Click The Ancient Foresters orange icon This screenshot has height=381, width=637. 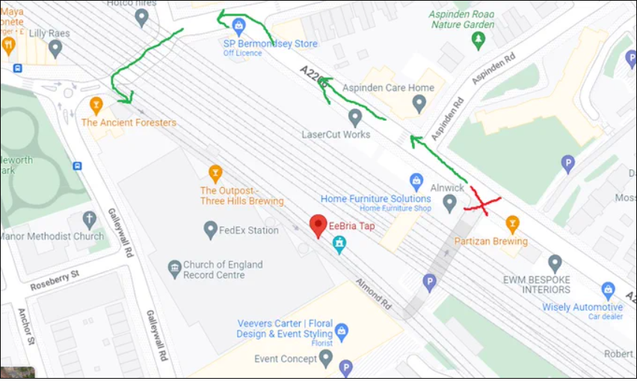pos(96,104)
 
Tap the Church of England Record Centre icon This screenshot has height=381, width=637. pos(174,269)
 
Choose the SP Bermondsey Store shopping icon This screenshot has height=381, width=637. pos(239,28)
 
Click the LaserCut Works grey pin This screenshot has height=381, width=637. pos(355,117)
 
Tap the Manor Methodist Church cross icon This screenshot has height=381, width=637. pos(89,219)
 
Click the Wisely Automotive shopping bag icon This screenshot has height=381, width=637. pos(608,290)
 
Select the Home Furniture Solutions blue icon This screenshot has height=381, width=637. pos(416,181)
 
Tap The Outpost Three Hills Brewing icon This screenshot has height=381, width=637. pos(215,173)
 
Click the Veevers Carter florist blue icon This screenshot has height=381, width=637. pos(342,329)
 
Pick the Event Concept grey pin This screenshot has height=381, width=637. pos(326,359)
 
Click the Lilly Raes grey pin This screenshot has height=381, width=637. pos(55,49)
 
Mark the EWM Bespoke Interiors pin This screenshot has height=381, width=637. pos(554,263)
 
